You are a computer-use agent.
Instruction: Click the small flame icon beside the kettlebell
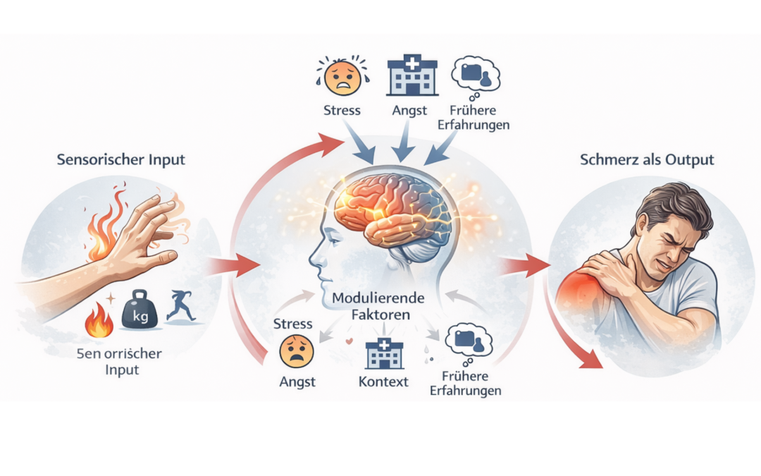pyautogui.click(x=98, y=321)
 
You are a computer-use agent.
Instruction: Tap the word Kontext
pyautogui.click(x=383, y=382)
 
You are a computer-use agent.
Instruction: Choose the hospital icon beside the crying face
pyautogui.click(x=412, y=76)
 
